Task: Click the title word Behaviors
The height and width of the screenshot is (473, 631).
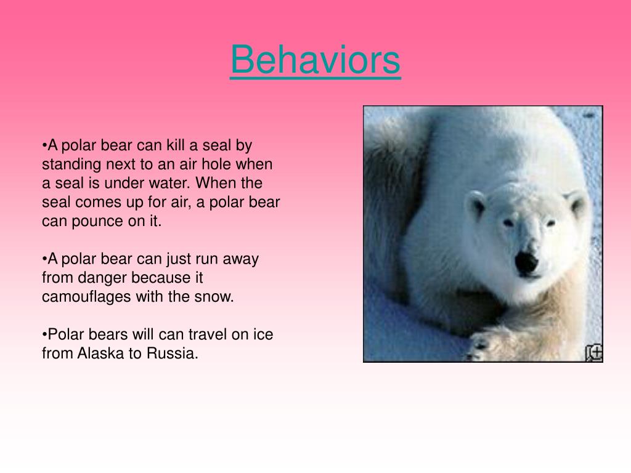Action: pos(315,60)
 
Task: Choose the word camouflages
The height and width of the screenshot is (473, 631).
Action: pos(86,297)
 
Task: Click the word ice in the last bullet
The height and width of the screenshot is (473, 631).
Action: pos(262,334)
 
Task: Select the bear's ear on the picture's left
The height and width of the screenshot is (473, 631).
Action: pos(476,203)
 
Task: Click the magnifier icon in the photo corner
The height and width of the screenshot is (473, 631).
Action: pos(593,352)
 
